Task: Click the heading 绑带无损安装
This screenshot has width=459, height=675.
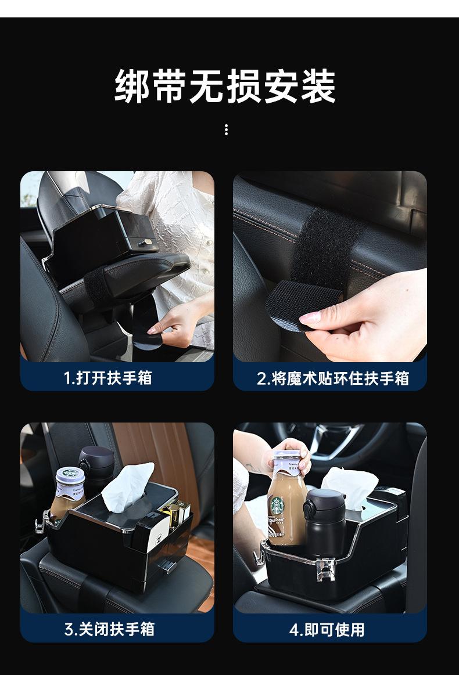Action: point(225,86)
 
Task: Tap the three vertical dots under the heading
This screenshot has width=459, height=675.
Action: point(226,130)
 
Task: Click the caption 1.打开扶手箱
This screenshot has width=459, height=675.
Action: point(108,378)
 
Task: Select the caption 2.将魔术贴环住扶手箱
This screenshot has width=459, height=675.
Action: point(333,378)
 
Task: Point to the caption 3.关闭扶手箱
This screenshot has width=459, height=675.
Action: point(109,629)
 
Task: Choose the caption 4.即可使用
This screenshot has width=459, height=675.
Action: point(327,629)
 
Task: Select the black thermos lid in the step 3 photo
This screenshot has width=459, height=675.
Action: point(95,459)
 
